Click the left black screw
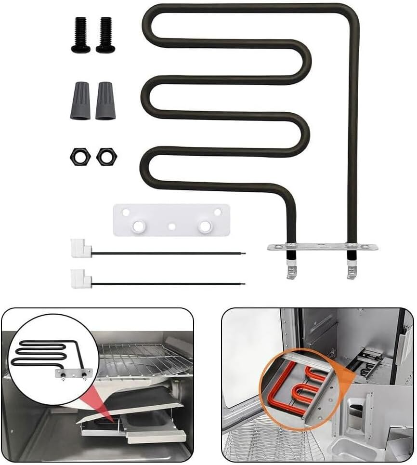click(80, 35)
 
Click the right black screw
click(105, 35)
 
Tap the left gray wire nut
click(79, 101)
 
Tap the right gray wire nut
click(105, 101)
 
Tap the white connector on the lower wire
click(80, 278)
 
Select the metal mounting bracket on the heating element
click(322, 247)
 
